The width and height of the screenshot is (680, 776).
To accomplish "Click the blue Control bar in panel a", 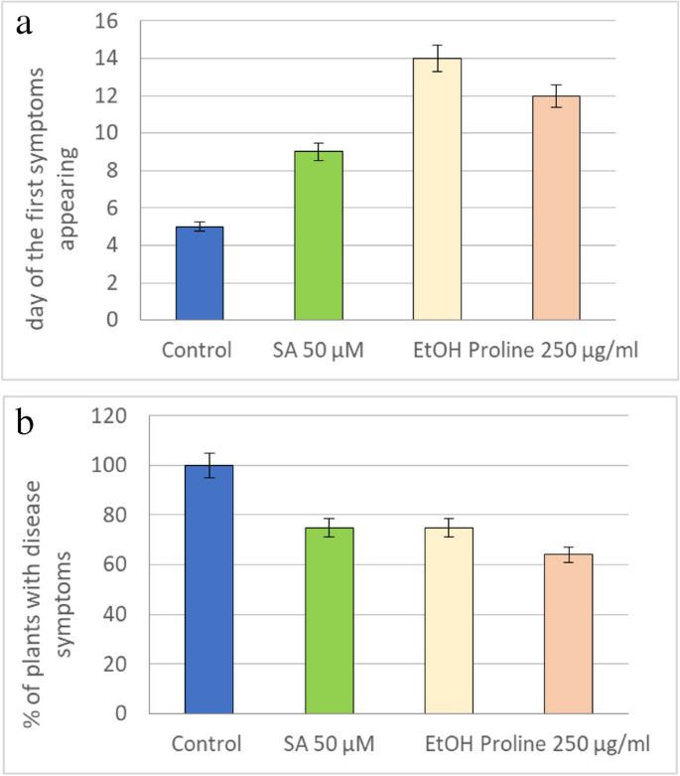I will [199, 273].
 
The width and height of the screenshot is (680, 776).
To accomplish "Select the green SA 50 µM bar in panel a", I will [318, 235].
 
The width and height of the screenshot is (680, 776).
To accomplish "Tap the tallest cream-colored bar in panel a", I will [437, 189].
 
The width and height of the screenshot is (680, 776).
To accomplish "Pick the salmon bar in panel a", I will [557, 208].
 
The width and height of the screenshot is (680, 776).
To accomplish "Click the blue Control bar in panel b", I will [208, 588].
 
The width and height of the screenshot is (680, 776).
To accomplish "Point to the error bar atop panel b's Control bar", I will [208, 465].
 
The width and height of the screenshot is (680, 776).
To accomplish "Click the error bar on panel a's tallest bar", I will [437, 59].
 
